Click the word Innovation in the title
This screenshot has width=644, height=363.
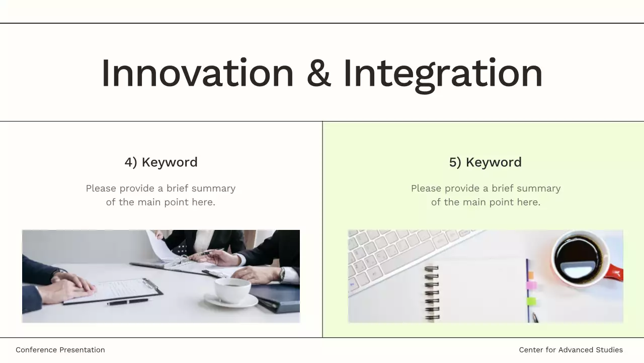[x=197, y=74]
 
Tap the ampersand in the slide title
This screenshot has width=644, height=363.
[x=318, y=74]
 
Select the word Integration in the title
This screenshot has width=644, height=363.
[x=443, y=74]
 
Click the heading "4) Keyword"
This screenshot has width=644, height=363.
[x=161, y=162]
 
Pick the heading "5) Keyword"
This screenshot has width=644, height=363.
[x=486, y=162]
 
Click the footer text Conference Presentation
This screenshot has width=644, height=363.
[x=60, y=350]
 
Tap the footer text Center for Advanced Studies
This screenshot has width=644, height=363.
[x=571, y=350]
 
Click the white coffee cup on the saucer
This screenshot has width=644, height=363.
[x=232, y=289]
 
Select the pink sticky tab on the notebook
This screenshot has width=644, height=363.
[x=531, y=285]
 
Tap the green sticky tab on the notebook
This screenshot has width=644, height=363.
[x=531, y=301]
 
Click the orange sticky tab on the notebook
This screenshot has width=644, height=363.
[x=531, y=274]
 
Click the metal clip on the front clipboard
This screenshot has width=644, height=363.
[x=150, y=283]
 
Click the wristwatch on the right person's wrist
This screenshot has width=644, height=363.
[x=282, y=274]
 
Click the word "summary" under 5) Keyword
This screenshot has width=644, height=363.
[x=538, y=189]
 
